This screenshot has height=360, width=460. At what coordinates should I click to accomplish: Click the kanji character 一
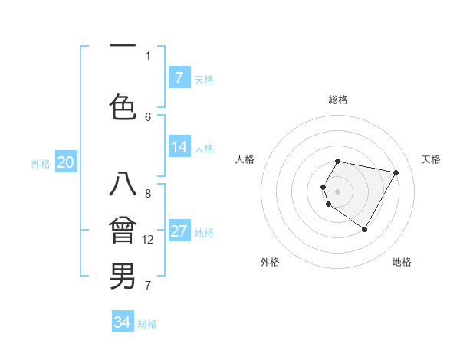(x=123, y=44)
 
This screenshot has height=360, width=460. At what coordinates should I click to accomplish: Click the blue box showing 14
(x=179, y=147)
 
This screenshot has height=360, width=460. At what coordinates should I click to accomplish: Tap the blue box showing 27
(x=179, y=232)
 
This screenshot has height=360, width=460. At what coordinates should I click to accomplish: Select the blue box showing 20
(x=66, y=162)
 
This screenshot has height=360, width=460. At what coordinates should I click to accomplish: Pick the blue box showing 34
(x=123, y=322)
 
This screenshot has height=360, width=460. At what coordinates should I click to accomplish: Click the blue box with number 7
(x=179, y=78)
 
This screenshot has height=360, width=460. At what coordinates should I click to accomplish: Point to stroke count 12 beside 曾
(x=149, y=240)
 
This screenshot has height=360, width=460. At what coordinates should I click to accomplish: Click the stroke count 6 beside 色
(x=148, y=116)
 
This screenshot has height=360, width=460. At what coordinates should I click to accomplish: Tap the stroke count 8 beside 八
(x=148, y=194)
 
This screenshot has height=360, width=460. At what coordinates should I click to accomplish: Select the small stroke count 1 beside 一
(x=148, y=55)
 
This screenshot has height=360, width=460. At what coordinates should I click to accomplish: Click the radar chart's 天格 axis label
(x=431, y=159)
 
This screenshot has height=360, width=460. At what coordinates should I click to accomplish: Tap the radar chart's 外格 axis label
(x=270, y=262)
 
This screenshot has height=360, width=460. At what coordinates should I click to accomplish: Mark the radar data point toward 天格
(x=396, y=173)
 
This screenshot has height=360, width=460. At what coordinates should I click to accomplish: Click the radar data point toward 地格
(x=364, y=229)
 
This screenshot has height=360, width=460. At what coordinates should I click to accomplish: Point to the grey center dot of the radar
(x=338, y=191)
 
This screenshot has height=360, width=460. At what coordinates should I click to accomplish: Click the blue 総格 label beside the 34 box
(x=147, y=324)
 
